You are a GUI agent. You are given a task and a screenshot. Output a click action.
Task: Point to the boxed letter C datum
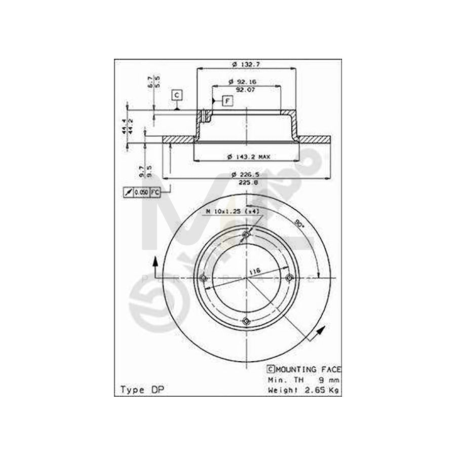[176, 95]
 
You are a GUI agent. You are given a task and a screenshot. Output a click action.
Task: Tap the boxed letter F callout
[226, 101]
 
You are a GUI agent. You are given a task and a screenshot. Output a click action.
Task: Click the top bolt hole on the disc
[247, 235]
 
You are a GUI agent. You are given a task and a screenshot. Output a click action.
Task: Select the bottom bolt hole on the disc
[247, 320]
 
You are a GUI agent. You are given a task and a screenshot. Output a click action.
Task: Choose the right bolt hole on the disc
[290, 277]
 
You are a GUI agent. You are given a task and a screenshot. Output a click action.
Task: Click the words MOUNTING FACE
[309, 369]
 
